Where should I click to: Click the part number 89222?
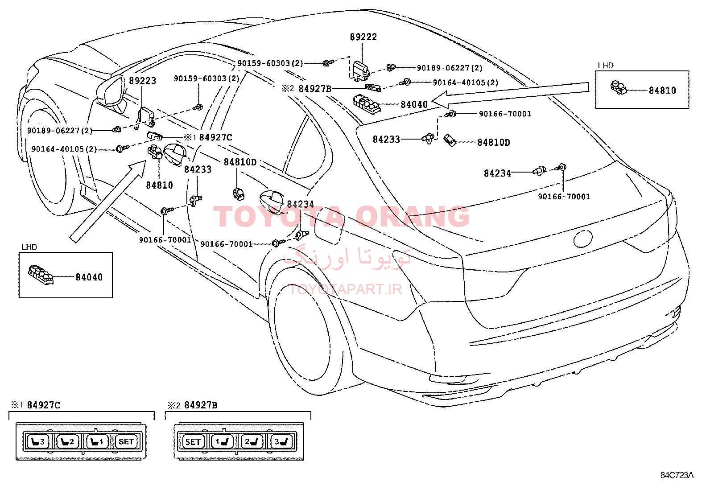363,37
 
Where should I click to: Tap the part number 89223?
143,81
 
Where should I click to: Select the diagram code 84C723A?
677,475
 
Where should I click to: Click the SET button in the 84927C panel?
126,441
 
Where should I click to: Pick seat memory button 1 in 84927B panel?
222,441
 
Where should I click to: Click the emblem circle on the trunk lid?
582,239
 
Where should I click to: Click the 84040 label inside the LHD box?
89,277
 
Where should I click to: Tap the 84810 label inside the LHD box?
662,91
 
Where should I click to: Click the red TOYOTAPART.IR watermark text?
346,289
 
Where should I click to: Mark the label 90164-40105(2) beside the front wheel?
64,149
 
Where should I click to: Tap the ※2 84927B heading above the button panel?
192,405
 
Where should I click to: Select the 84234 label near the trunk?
497,173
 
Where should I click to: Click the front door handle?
174,154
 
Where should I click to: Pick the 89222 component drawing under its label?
361,71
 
